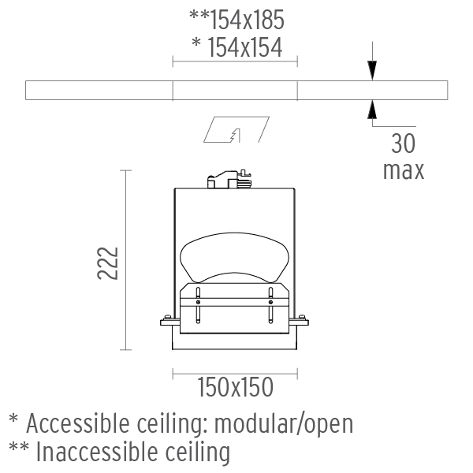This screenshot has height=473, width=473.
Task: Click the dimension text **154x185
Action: (236, 20)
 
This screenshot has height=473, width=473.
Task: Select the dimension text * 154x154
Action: (237, 47)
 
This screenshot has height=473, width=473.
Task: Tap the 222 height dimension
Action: (108, 263)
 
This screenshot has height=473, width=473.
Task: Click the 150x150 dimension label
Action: (235, 387)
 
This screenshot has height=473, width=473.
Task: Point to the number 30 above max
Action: (404, 143)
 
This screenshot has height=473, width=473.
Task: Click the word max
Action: (404, 171)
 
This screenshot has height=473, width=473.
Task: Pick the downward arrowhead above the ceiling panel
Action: (372, 70)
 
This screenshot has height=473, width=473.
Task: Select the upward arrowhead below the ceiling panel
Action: (372, 110)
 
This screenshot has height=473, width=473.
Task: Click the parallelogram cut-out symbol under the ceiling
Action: (236, 129)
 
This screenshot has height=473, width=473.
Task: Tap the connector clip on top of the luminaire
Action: (229, 179)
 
